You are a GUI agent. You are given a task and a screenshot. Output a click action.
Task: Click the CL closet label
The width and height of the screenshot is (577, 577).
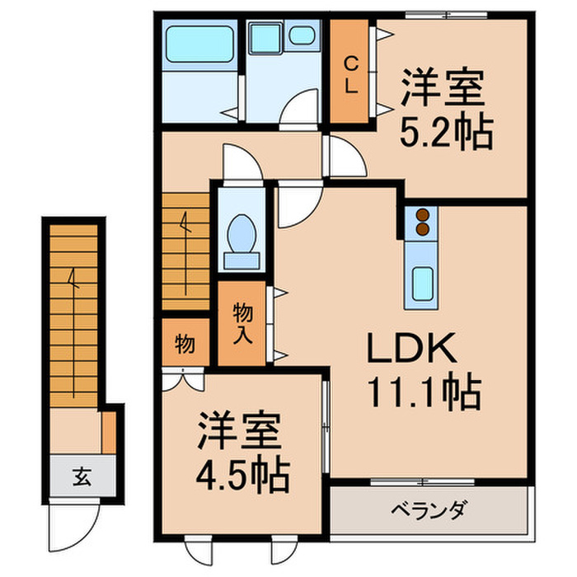coord(350,75)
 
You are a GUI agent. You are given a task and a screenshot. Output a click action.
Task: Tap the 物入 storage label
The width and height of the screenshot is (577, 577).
coord(242,322)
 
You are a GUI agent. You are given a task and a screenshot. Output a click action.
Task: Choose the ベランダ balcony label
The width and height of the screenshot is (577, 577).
coord(429,509)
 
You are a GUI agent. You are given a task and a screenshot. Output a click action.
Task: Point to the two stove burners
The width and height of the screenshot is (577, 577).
coord(423,223)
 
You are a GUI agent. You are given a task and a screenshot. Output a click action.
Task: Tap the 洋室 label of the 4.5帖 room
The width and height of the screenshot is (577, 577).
coord(240,433)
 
